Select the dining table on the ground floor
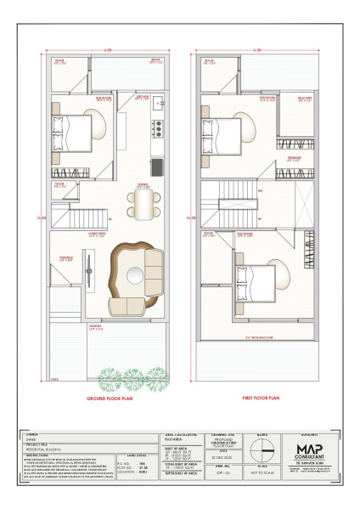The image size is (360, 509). [143, 201]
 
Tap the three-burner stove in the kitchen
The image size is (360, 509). [157, 129]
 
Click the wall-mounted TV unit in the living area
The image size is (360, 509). [89, 273]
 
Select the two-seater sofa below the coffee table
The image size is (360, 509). [127, 304]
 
